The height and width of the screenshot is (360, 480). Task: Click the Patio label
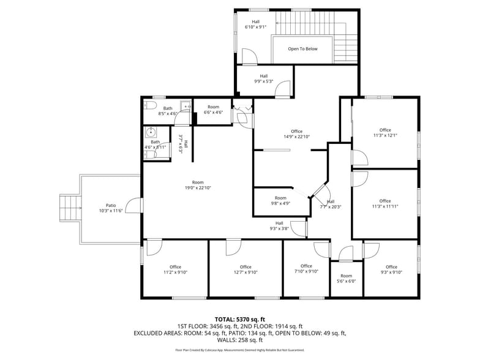111,206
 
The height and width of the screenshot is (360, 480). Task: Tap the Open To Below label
302,49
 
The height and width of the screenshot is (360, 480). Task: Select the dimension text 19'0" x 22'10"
197,188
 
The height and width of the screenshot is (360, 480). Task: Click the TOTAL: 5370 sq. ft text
239,319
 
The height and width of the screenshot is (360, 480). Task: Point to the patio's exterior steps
69,208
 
